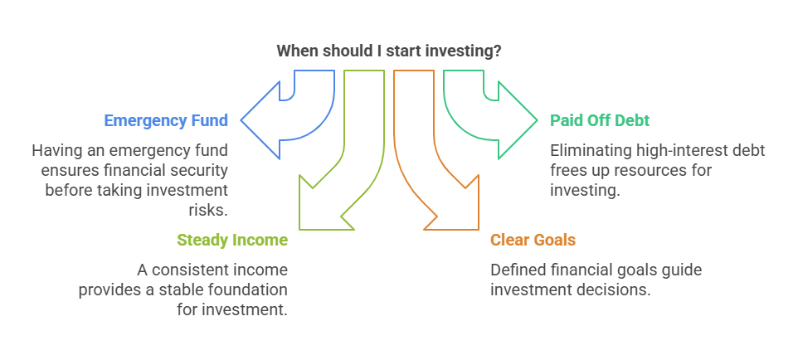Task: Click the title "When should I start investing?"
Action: [x=389, y=51]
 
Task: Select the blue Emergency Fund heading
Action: [x=166, y=120]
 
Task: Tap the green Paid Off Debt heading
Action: [x=600, y=120]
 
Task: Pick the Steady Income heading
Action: [x=232, y=240]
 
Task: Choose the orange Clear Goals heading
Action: [x=533, y=240]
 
